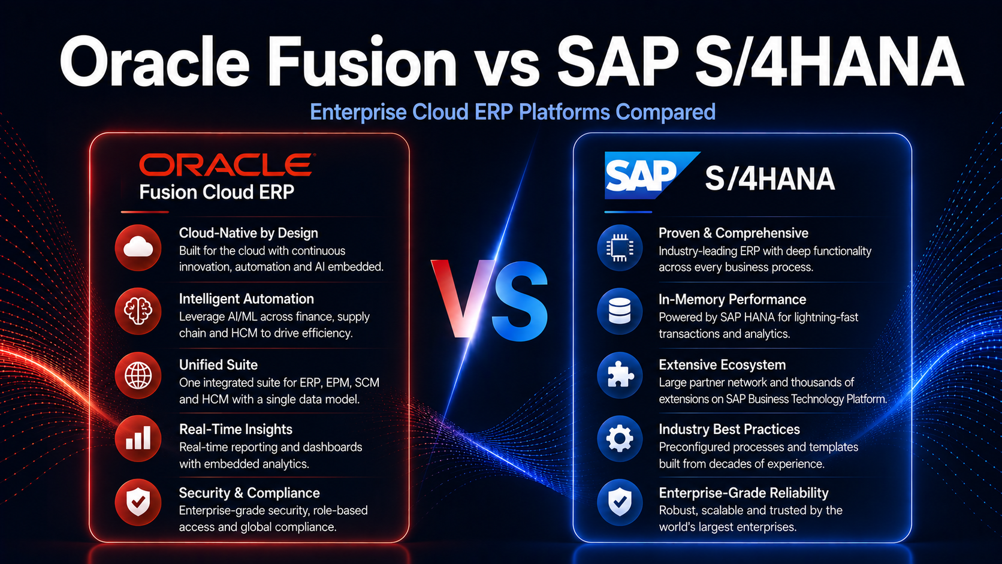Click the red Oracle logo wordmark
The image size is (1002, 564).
pyautogui.click(x=227, y=165)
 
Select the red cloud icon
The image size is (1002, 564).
pyautogui.click(x=138, y=248)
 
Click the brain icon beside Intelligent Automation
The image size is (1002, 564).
pyautogui.click(x=138, y=311)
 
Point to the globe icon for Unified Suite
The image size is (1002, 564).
pyautogui.click(x=138, y=376)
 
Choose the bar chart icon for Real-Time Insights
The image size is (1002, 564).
pyautogui.click(x=138, y=439)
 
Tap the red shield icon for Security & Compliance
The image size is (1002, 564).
pyautogui.click(x=138, y=502)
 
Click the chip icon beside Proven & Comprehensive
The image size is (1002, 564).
pyautogui.click(x=620, y=248)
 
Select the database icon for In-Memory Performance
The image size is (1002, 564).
pyautogui.click(x=620, y=311)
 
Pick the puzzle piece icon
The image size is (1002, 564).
pyautogui.click(x=620, y=376)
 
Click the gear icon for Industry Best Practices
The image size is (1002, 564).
pyautogui.click(x=620, y=439)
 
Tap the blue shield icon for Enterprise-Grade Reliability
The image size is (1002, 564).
pyautogui.click(x=620, y=502)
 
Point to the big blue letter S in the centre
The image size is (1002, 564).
pyautogui.click(x=520, y=301)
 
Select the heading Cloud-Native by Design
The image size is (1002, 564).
pyautogui.click(x=248, y=233)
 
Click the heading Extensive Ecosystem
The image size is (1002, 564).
pyautogui.click(x=722, y=365)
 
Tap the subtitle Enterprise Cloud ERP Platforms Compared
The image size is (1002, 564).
pyautogui.click(x=512, y=112)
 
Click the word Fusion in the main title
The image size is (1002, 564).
pyautogui.click(x=361, y=62)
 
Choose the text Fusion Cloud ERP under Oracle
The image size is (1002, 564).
pyautogui.click(x=216, y=192)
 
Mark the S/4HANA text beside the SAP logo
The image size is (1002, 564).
pyautogui.click(x=770, y=179)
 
